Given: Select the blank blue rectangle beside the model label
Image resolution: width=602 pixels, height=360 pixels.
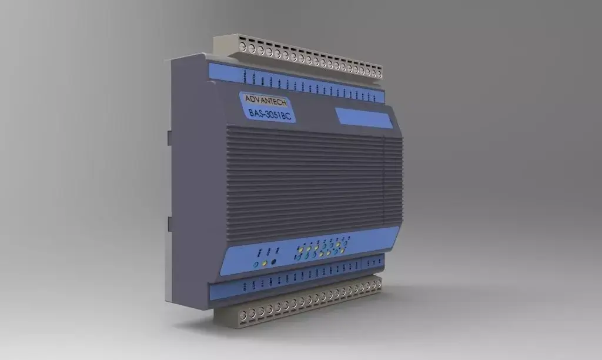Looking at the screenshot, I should (363, 117).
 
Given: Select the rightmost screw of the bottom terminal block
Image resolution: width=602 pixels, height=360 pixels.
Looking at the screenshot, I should (378, 284).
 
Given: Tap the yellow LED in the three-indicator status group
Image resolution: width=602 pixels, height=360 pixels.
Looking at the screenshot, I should (265, 262).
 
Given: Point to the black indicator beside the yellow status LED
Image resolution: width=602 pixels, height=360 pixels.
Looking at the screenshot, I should (274, 261).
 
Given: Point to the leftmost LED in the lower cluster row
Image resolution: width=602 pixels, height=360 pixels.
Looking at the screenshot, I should (299, 258).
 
